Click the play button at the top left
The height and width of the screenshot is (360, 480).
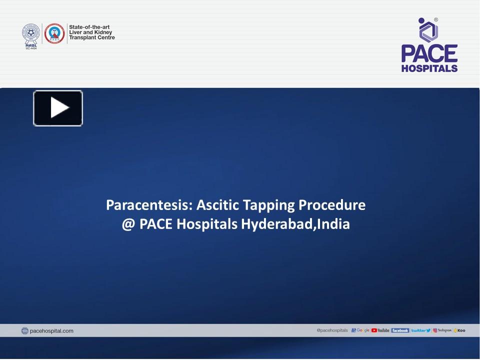click(x=58, y=108)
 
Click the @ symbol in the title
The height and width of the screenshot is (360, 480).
click(x=128, y=224)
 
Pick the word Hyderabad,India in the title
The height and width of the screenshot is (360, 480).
click(x=295, y=224)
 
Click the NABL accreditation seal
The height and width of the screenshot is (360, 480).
click(x=31, y=35)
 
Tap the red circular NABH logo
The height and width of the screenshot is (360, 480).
click(x=54, y=34)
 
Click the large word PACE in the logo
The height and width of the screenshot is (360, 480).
click(x=429, y=53)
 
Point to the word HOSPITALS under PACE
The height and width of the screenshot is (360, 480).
click(x=429, y=68)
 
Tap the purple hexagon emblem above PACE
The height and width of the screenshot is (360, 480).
click(x=428, y=30)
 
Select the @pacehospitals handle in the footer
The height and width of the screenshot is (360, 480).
click(x=332, y=330)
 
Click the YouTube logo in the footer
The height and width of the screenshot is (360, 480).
click(x=380, y=330)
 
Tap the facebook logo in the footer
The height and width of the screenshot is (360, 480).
click(x=400, y=330)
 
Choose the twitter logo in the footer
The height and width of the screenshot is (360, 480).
click(x=421, y=330)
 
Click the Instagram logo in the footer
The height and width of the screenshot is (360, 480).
click(x=443, y=330)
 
